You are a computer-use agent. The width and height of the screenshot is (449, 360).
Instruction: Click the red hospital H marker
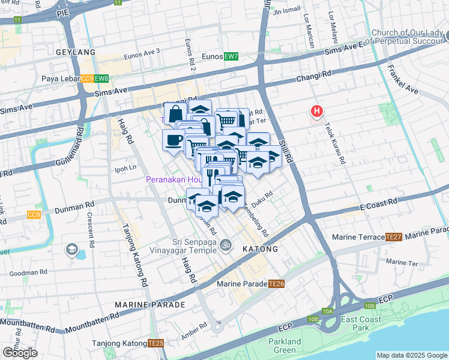click(x=316, y=111)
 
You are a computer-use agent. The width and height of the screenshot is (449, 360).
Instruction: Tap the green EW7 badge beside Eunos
click(x=231, y=56)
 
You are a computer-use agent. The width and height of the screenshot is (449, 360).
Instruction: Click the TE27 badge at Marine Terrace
click(x=393, y=237)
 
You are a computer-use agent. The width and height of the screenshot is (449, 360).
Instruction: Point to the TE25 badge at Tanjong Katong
click(x=155, y=343)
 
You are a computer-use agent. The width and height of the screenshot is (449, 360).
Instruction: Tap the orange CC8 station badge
click(x=34, y=214)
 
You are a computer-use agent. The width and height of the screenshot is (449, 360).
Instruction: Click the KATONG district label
click(x=260, y=248)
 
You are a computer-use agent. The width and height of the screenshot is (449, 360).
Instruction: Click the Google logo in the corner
click(x=20, y=353)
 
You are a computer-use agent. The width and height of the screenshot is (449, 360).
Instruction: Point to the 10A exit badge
click(x=327, y=311)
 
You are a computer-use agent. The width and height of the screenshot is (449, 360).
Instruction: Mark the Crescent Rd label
click(x=91, y=230)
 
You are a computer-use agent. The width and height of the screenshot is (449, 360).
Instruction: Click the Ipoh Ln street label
click(x=125, y=169)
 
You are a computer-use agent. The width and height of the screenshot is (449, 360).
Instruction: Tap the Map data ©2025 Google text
click(x=411, y=355)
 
